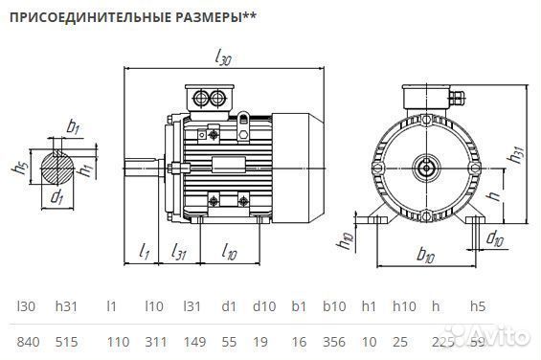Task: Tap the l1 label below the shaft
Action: pyautogui.click(x=145, y=252)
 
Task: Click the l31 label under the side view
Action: pyautogui.click(x=179, y=252)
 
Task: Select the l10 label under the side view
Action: pyautogui.click(x=230, y=253)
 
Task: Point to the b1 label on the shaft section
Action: pyautogui.click(x=73, y=127)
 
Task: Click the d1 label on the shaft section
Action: pyautogui.click(x=56, y=198)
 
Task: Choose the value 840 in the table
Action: pyautogui.click(x=30, y=340)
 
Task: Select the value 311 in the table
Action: pyautogui.click(x=155, y=340)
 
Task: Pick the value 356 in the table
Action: pyautogui.click(x=334, y=340)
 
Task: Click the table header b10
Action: pyautogui.click(x=333, y=306)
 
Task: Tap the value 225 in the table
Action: pyautogui.click(x=441, y=340)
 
